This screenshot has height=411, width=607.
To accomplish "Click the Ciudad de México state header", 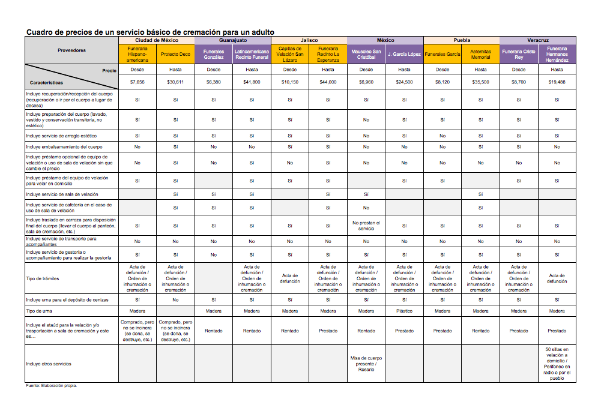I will coord(156,40).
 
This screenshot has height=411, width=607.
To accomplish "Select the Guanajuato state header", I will coord(232,40).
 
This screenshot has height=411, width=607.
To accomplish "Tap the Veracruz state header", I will coord(537,40).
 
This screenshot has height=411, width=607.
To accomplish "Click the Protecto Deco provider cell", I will coord(175,54).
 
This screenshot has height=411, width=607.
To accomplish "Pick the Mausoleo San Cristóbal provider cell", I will coord(366,54).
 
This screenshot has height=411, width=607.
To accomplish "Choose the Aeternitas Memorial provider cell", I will coord(480,54).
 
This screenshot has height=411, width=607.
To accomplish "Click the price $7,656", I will coord(137,82).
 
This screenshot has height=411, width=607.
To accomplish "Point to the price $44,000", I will coord(328,82).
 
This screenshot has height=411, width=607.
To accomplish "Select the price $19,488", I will coord(557,82).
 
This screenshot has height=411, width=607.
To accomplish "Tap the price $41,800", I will coord(252,82).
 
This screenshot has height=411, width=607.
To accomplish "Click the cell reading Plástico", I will coord(404,311).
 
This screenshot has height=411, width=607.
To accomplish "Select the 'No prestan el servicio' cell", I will coord(366,225).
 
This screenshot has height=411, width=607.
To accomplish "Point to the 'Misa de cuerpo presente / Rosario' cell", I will coord(366,364).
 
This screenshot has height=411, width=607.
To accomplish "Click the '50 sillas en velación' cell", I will coord(557,364).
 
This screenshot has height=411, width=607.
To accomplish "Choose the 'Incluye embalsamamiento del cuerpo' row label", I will coord(64,146).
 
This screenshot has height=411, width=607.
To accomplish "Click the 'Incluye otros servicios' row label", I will coord(49,364).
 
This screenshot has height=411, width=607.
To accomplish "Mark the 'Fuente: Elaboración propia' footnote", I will coord(51,386).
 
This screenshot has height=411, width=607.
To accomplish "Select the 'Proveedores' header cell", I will coord(71,50).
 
